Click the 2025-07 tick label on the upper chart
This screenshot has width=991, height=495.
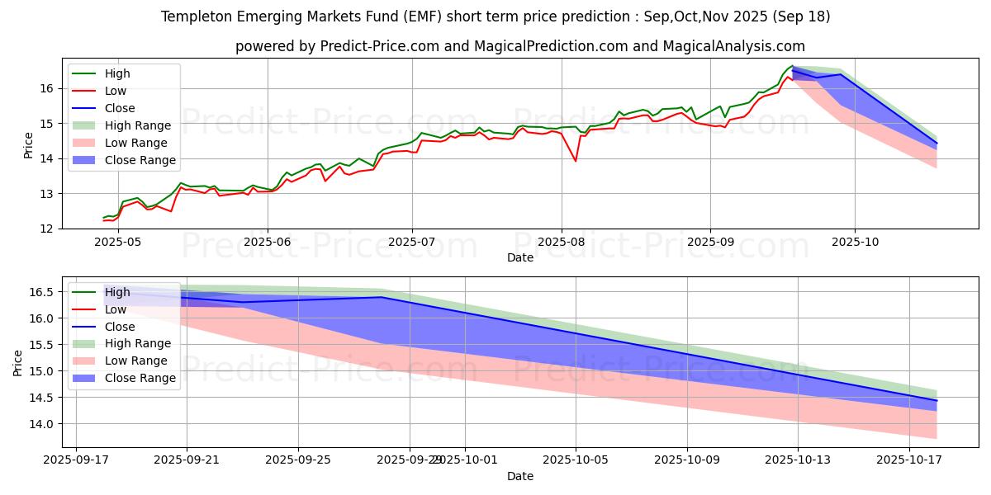[412, 243]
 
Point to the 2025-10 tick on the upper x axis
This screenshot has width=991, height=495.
[854, 243]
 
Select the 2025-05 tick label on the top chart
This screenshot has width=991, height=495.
[118, 243]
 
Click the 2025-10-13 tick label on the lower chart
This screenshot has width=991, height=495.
[798, 460]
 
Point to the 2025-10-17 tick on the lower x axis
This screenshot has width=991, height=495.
[908, 460]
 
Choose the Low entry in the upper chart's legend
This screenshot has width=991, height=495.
[116, 91]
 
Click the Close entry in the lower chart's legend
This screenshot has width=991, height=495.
[120, 326]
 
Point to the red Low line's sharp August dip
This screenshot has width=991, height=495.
[576, 161]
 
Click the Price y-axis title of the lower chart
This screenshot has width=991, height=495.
[18, 362]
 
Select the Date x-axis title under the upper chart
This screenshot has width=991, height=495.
[520, 257]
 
